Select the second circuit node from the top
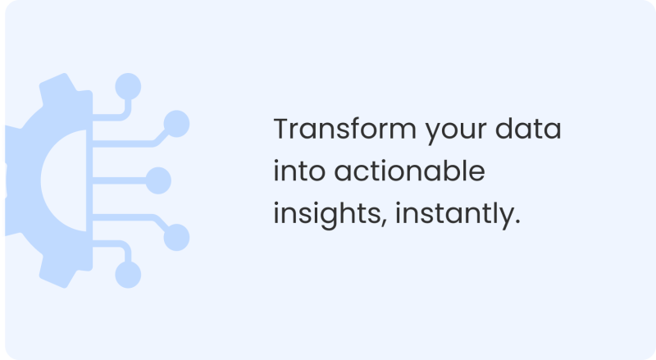coord(175,124)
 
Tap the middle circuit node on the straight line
coord(157,180)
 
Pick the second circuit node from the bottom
coord(175,236)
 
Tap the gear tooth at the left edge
coord(7,180)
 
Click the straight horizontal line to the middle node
coord(119,180)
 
